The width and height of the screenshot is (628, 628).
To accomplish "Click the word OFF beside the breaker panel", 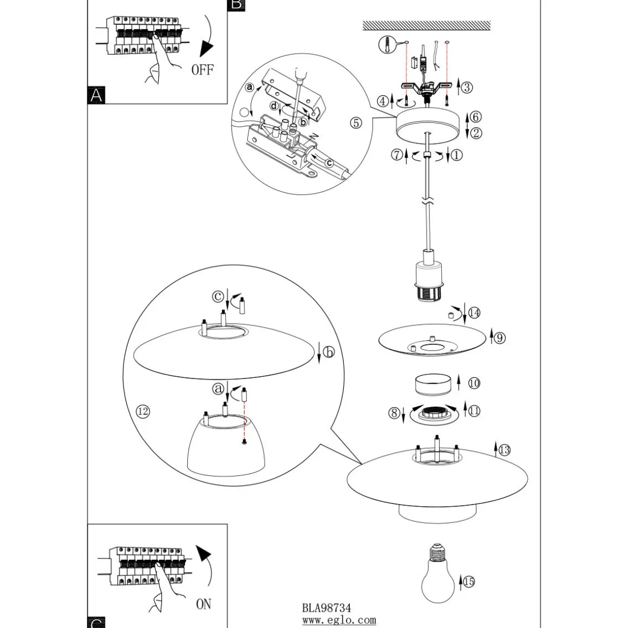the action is point(202,70).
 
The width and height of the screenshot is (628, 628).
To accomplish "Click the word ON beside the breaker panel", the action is point(204,604).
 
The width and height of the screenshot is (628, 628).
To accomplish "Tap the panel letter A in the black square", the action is point(96,95).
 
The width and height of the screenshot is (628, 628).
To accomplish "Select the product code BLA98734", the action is point(326,608).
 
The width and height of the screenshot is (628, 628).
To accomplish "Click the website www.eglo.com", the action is point(339,620).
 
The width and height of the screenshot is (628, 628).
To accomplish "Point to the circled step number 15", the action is point(469,581).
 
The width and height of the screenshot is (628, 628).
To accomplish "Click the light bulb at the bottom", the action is point(438,573).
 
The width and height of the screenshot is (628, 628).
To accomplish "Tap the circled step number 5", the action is point(356,123).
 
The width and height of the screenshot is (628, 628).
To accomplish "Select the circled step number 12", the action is point(143,411).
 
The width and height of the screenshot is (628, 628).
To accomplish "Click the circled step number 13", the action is point(504,450).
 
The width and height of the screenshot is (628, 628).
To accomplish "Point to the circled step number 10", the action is point(474,383).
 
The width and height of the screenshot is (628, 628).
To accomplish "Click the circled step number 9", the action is point(500,338).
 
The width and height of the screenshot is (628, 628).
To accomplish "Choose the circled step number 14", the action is point(474,313).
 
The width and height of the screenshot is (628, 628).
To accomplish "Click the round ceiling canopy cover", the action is point(429,126).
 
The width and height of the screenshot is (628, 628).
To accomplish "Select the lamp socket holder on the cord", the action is point(428,276).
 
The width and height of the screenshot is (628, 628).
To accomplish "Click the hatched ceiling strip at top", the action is point(427,25).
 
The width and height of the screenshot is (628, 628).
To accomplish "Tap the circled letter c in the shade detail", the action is point(218,296).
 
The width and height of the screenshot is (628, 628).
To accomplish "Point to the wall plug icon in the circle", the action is point(387,44).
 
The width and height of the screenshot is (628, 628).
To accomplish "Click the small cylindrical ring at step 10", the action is point(433,384).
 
